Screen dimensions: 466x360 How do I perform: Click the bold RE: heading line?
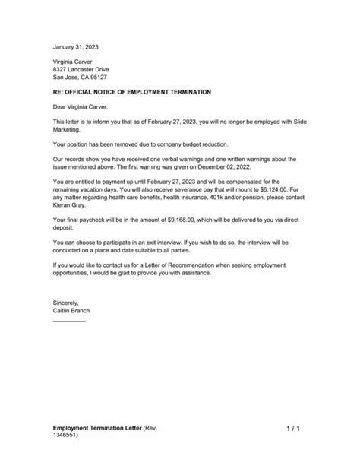click(x=131, y=92)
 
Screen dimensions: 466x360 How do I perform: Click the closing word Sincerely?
click(x=68, y=302)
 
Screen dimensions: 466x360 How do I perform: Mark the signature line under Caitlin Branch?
click(x=69, y=320)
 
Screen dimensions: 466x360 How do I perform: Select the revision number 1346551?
click(x=68, y=439)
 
